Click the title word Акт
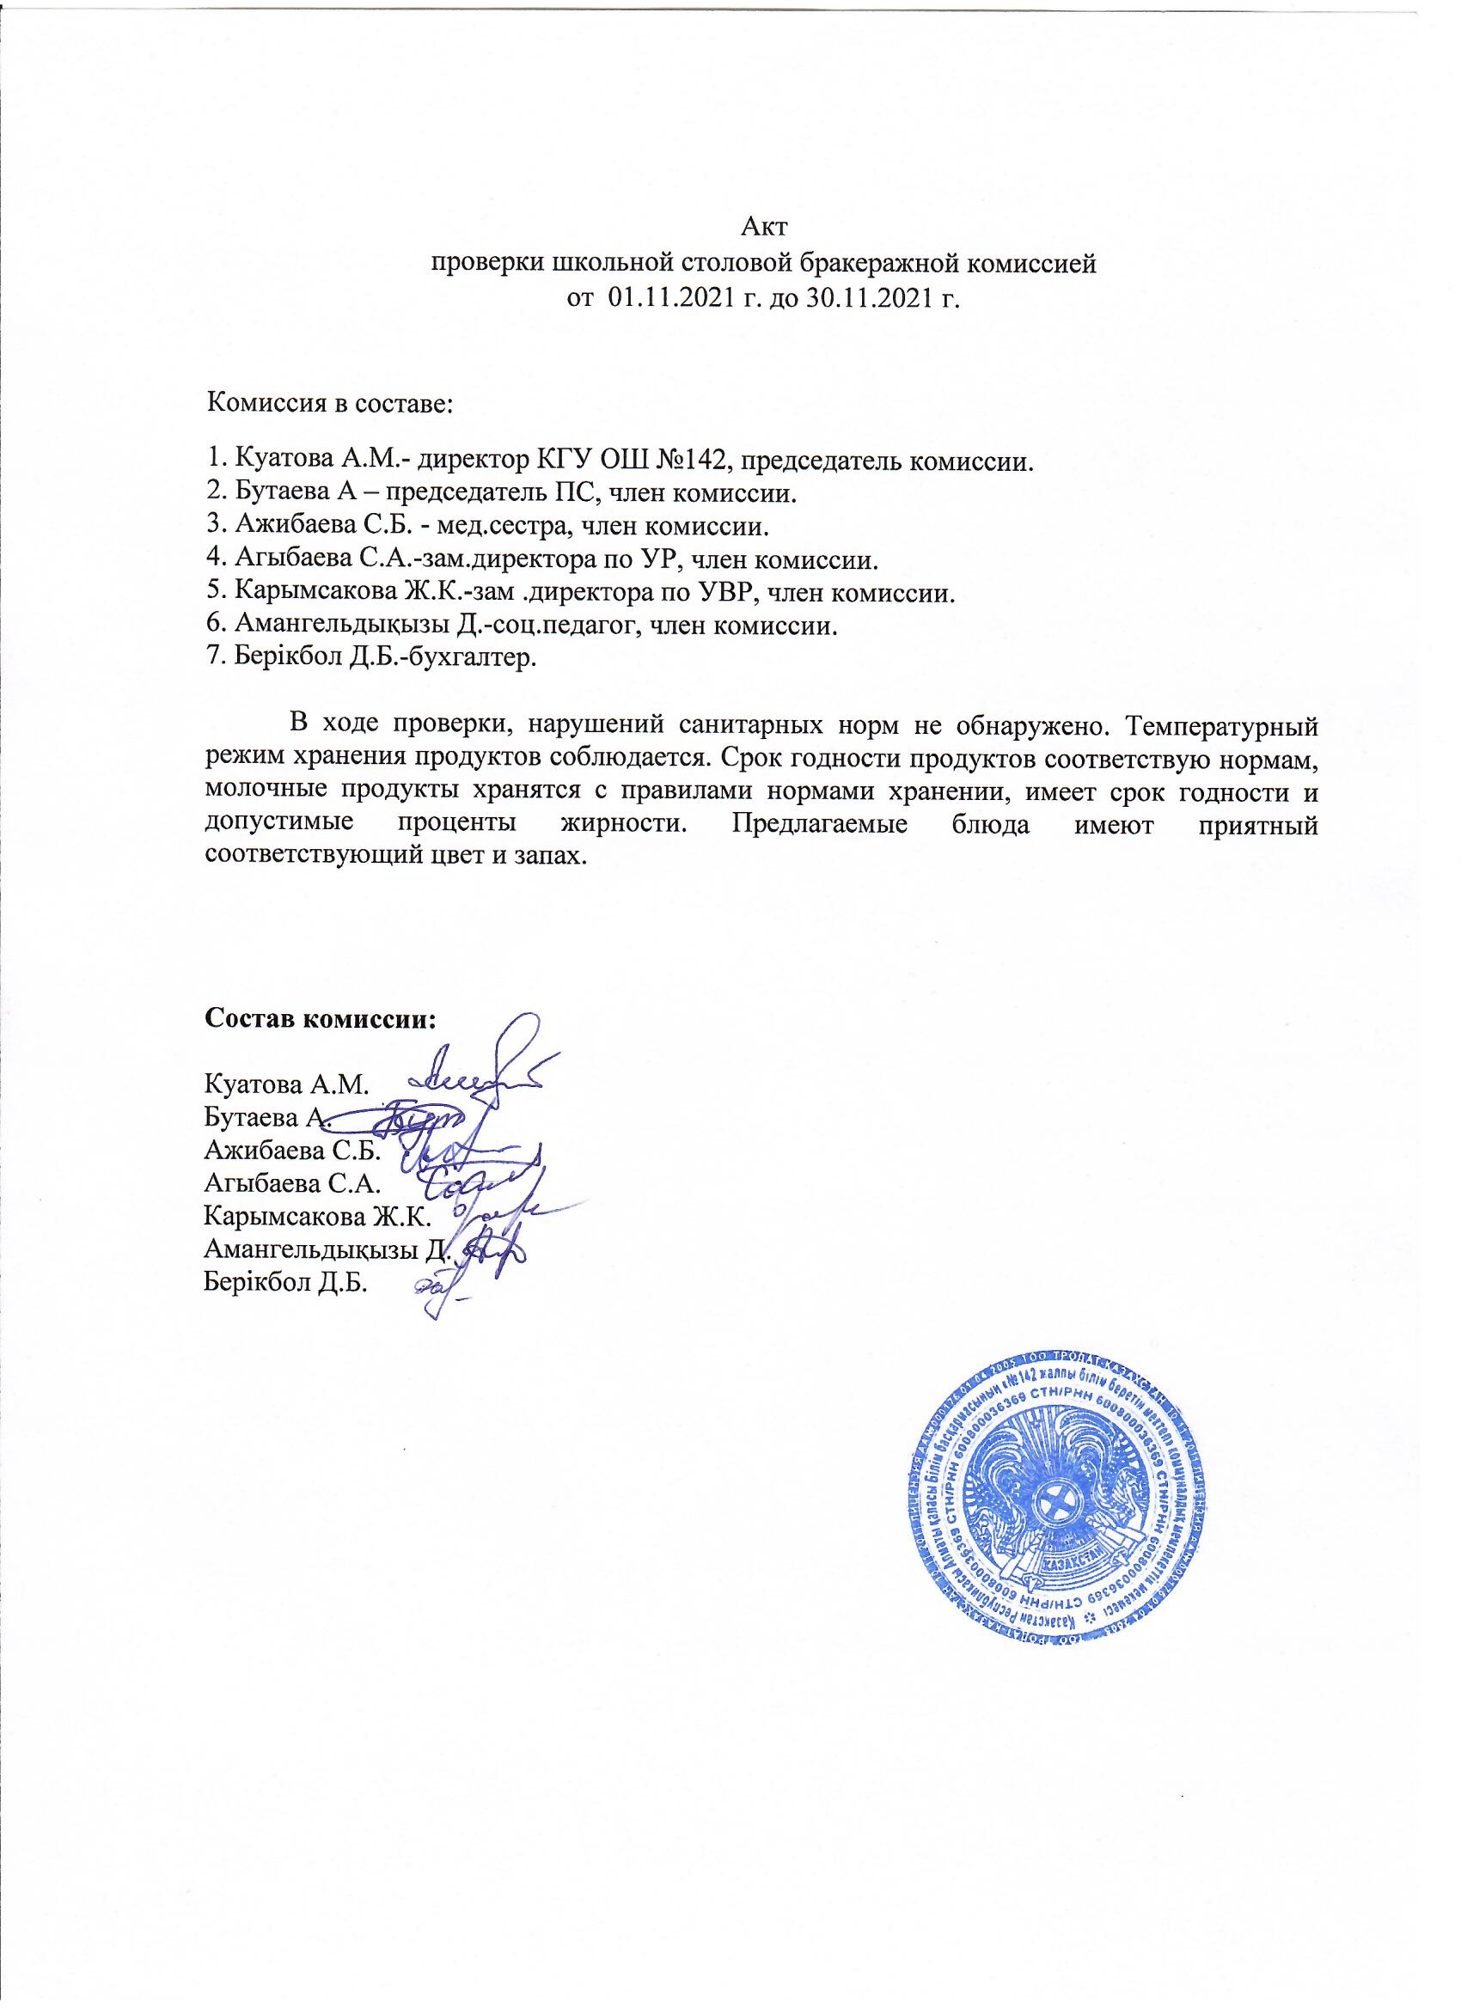(763, 226)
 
